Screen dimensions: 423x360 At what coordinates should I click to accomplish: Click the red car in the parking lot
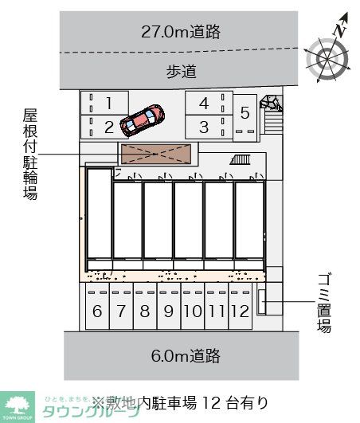pos(142,119)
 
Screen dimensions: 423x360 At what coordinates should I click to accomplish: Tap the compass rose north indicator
pos(328,57)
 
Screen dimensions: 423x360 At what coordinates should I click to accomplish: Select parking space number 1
pos(110,102)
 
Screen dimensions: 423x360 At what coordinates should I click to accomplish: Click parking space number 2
pos(110,126)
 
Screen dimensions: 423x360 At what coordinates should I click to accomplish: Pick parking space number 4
pos(204,103)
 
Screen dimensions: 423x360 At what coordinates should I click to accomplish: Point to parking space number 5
pos(245,113)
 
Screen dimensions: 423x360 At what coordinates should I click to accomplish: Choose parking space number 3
pos(204,126)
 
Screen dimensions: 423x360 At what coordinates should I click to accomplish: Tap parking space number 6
pos(97,311)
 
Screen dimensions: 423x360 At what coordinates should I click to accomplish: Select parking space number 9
pos(168,311)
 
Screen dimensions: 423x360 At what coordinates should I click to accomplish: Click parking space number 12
pos(240,311)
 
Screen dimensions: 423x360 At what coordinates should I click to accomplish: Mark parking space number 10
pos(192,311)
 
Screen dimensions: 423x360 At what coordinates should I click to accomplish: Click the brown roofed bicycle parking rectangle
pos(156,153)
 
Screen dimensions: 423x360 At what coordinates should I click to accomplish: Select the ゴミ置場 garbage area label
pos(324,302)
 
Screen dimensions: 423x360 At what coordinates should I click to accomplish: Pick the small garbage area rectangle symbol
pos(262,302)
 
